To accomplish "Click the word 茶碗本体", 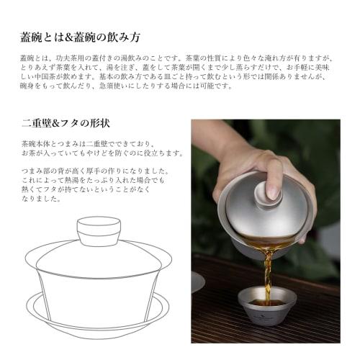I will (x=37, y=143).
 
